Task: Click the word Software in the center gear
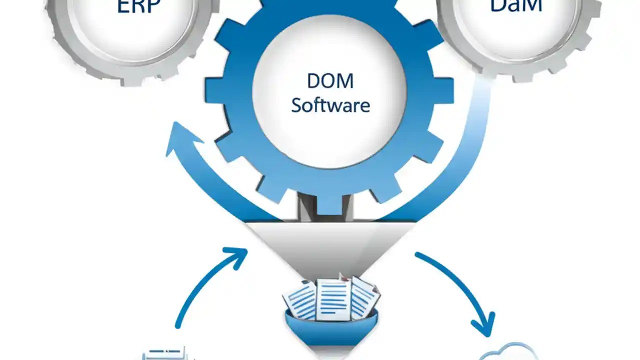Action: [330, 105]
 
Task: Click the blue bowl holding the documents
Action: [330, 327]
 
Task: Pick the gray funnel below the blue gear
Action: [330, 245]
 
